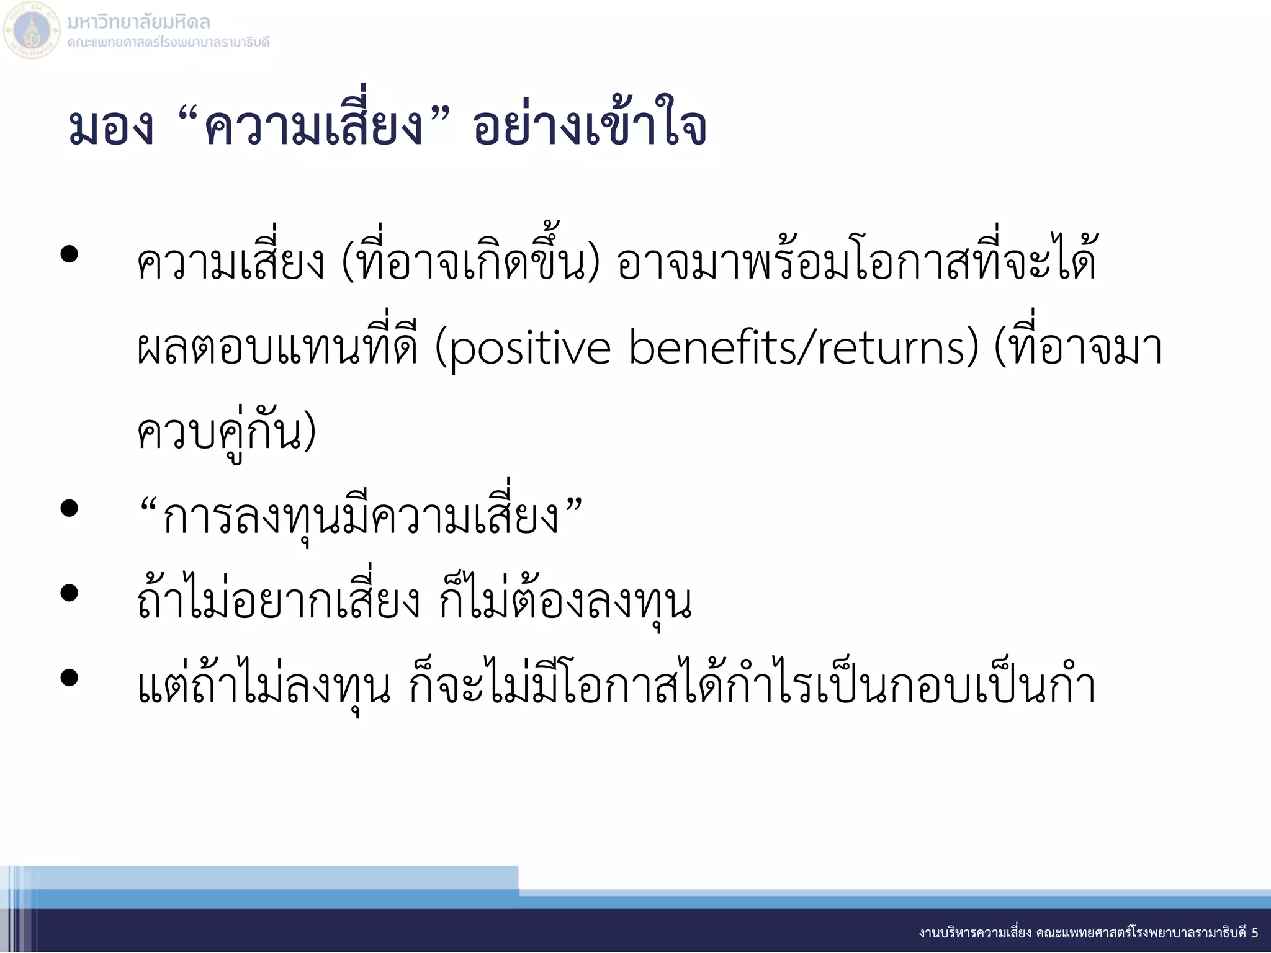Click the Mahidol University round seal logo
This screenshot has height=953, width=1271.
(32, 30)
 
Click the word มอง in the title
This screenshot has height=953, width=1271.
(112, 128)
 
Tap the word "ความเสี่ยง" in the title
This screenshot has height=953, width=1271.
(314, 128)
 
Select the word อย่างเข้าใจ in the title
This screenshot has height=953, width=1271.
(590, 128)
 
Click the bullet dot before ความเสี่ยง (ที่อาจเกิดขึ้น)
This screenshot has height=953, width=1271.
(70, 254)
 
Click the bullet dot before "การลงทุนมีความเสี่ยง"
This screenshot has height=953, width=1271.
(70, 509)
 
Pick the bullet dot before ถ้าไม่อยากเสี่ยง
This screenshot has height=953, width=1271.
(70, 593)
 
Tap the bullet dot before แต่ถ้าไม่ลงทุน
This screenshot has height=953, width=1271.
(70, 678)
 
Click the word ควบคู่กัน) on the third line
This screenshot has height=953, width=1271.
(227, 433)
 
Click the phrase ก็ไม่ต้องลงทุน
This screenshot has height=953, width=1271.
(565, 602)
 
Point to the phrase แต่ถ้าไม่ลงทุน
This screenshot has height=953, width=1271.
(264, 686)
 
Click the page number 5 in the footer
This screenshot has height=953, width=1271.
(1254, 933)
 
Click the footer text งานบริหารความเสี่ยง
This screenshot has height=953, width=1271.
(975, 933)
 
